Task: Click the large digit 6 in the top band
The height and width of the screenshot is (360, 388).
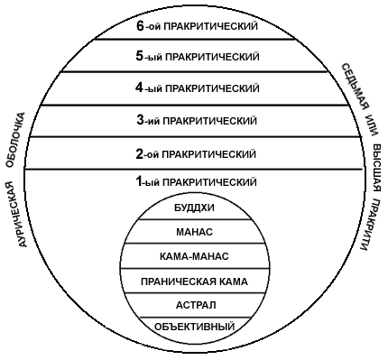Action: click(140, 26)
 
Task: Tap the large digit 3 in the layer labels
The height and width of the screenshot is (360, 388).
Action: click(140, 119)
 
